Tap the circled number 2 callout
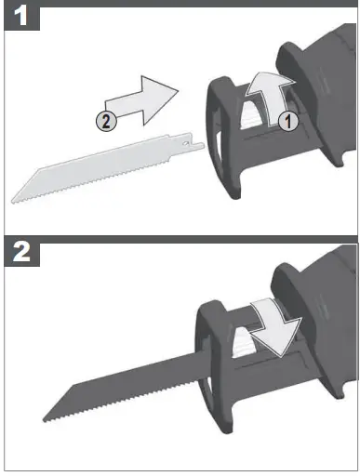[x=109, y=119]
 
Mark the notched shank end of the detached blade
[x=193, y=146]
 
